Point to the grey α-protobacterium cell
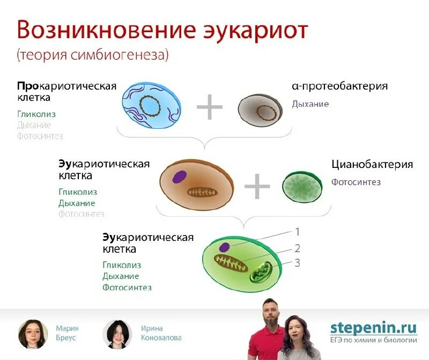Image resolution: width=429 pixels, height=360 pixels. tap(260, 111)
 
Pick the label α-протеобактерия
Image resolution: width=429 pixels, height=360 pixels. tap(339, 86)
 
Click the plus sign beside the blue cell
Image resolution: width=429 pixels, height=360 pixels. tap(209, 107)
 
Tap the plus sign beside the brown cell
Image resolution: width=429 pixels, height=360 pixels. tap(257, 187)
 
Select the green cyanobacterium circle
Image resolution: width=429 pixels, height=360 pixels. tap(302, 187)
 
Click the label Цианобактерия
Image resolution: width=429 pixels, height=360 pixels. tap(372, 165)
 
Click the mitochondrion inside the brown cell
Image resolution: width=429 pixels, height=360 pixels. tap(203, 192)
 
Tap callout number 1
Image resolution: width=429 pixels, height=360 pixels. tap(297, 232)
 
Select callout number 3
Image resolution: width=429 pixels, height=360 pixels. tap(297, 263)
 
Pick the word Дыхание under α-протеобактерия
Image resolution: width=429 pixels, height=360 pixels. tap(310, 104)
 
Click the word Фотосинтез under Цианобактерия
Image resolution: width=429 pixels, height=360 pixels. tap(356, 182)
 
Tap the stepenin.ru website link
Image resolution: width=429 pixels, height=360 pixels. tap(373, 327)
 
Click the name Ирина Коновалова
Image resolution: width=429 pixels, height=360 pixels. tap(161, 333)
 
